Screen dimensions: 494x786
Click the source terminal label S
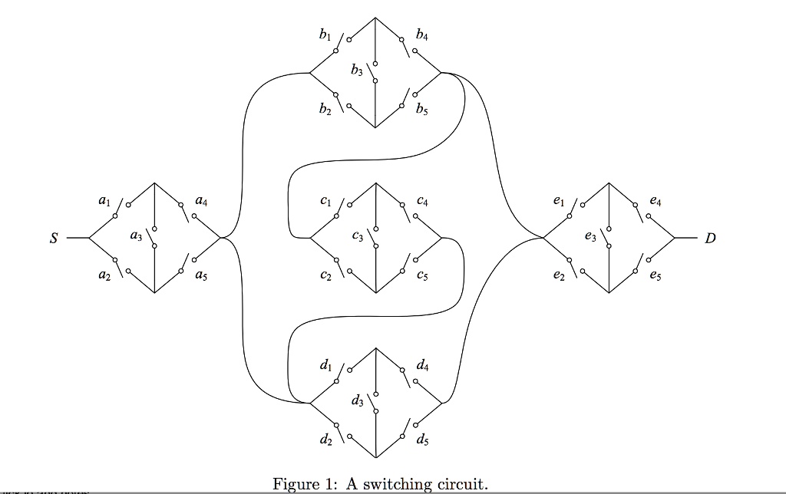click(54, 239)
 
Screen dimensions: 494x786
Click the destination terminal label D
click(710, 239)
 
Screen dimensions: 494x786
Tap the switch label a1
click(104, 202)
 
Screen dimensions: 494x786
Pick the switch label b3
click(356, 71)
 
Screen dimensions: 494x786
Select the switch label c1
click(325, 202)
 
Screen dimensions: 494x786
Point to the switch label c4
click(423, 201)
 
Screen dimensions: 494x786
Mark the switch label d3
click(357, 401)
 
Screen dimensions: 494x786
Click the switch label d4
click(422, 366)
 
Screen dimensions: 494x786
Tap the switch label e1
click(558, 202)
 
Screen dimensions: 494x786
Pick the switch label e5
click(655, 276)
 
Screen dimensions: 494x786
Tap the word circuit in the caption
click(460, 485)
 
